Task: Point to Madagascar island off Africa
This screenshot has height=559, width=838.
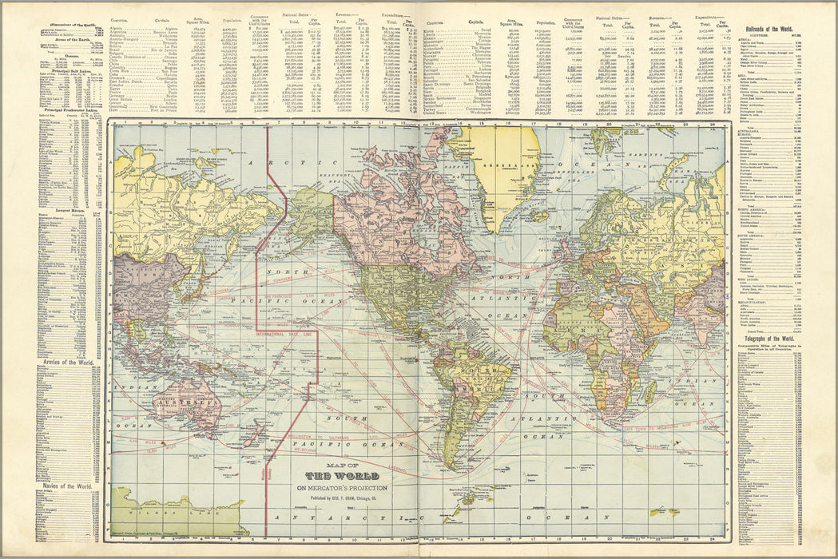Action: coord(651,391)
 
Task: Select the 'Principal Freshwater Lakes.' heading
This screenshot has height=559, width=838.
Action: coord(70,110)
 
